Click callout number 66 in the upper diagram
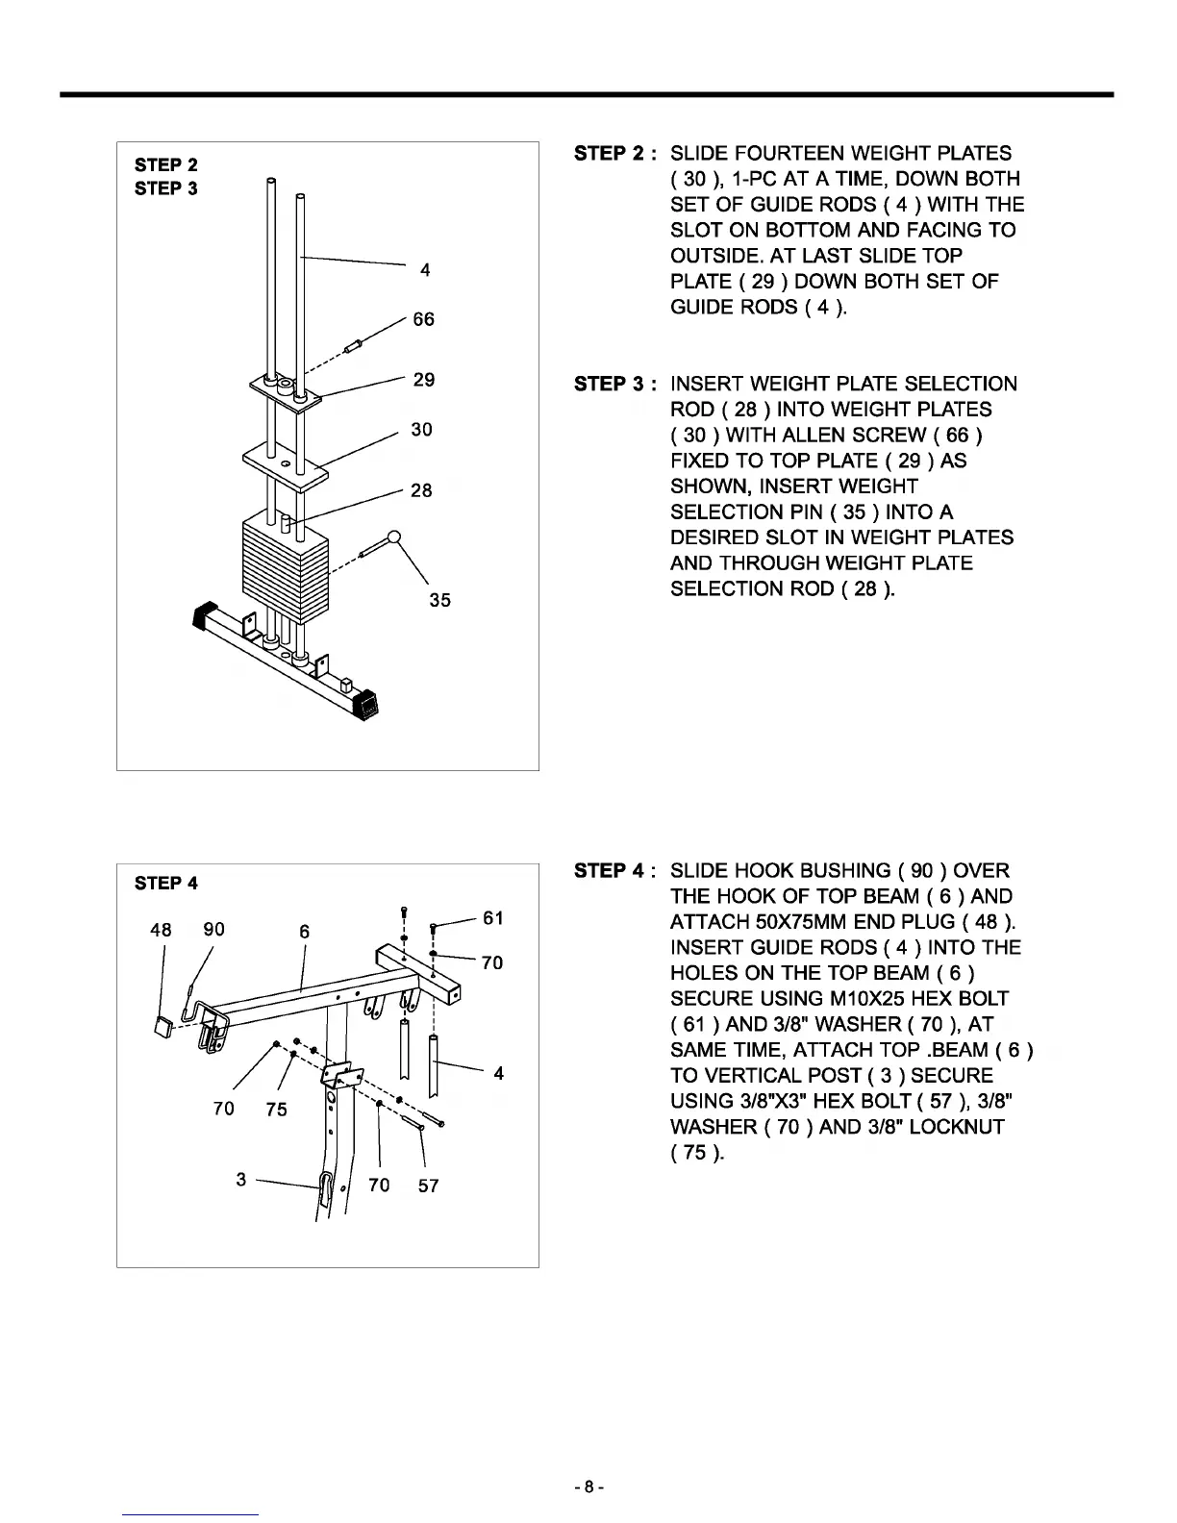(x=423, y=319)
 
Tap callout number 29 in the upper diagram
(x=424, y=380)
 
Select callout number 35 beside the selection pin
(x=439, y=600)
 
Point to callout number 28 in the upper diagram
(x=421, y=490)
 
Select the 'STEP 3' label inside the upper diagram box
(x=166, y=188)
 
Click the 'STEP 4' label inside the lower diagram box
(x=166, y=883)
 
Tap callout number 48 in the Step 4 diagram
(x=162, y=930)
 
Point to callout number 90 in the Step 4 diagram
(x=213, y=929)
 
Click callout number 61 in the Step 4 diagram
(x=493, y=918)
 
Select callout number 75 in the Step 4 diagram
(x=276, y=1110)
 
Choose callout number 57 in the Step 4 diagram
(x=428, y=1186)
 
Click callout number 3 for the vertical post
(x=241, y=1179)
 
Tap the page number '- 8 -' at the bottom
(x=588, y=1487)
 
